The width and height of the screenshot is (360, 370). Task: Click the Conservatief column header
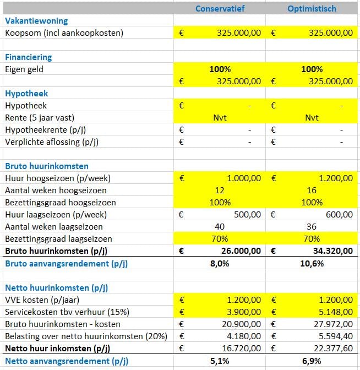point(220,9)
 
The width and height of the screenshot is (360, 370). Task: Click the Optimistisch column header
point(312,9)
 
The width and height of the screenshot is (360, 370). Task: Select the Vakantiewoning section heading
point(36,21)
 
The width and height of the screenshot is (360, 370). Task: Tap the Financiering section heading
point(29,57)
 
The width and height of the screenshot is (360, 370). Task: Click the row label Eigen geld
point(24,69)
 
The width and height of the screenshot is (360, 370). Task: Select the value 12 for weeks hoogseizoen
point(220,191)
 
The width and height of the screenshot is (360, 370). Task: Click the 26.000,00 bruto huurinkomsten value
point(241,251)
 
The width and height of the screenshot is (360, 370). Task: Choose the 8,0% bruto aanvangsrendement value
point(220,263)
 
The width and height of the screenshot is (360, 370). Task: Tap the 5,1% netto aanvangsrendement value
point(220,361)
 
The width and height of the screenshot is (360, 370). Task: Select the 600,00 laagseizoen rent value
point(339,215)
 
